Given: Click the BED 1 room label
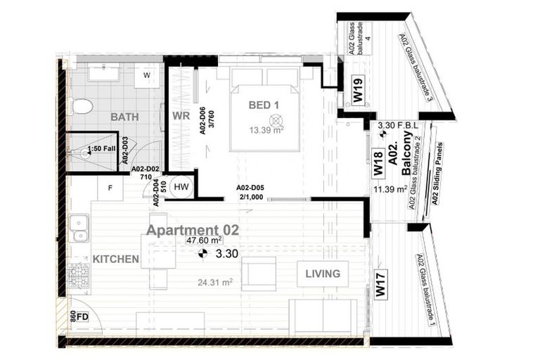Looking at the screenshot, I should [264, 105].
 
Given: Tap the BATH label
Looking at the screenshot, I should [124, 117].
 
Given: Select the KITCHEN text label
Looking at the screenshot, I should [115, 259].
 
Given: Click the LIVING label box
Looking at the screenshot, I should [323, 274].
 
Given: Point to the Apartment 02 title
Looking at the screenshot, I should [192, 230].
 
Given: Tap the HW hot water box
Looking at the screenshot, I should [181, 186].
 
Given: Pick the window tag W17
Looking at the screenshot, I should [380, 288].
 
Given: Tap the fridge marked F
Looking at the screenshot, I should [110, 188].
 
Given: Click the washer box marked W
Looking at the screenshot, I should [148, 75].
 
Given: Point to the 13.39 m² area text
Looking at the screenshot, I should [264, 129].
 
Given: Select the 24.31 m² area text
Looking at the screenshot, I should [216, 283].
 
